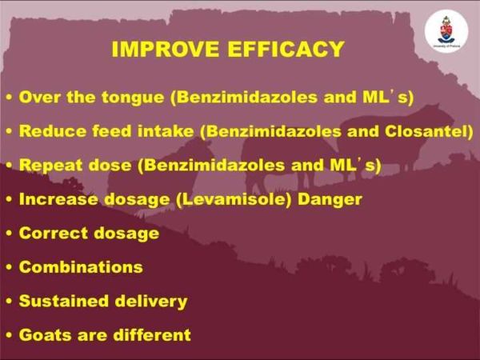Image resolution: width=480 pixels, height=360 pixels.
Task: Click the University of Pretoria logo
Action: pos(446,31)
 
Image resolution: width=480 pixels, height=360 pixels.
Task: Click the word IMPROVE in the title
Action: pos(166,49)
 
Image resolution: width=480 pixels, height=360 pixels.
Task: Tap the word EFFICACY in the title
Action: pos(286,49)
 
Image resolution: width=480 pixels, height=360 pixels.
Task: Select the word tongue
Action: pos(133,98)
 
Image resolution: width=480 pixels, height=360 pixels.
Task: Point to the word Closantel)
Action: pos(429,131)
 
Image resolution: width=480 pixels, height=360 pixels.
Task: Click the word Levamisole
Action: pos(234,199)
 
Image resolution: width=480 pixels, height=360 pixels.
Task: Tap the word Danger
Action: pos(330,199)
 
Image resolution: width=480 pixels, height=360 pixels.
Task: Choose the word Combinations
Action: pos(81,267)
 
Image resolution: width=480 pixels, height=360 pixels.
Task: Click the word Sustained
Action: pos(64,301)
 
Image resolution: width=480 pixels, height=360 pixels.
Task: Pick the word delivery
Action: pos(151,302)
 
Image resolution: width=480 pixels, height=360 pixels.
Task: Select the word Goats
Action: pos(46,334)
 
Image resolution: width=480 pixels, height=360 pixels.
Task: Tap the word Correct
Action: pos(54,233)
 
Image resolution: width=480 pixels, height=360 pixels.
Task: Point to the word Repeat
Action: pos(50,166)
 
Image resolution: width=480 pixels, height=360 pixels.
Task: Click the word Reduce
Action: pos(52,131)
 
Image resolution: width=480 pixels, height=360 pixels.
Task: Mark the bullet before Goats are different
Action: pos(10,335)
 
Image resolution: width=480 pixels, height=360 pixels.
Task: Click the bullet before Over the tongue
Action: pos(10,98)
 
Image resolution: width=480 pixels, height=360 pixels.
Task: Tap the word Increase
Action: pos(58,199)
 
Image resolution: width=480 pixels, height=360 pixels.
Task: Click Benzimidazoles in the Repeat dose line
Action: pos(211,166)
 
